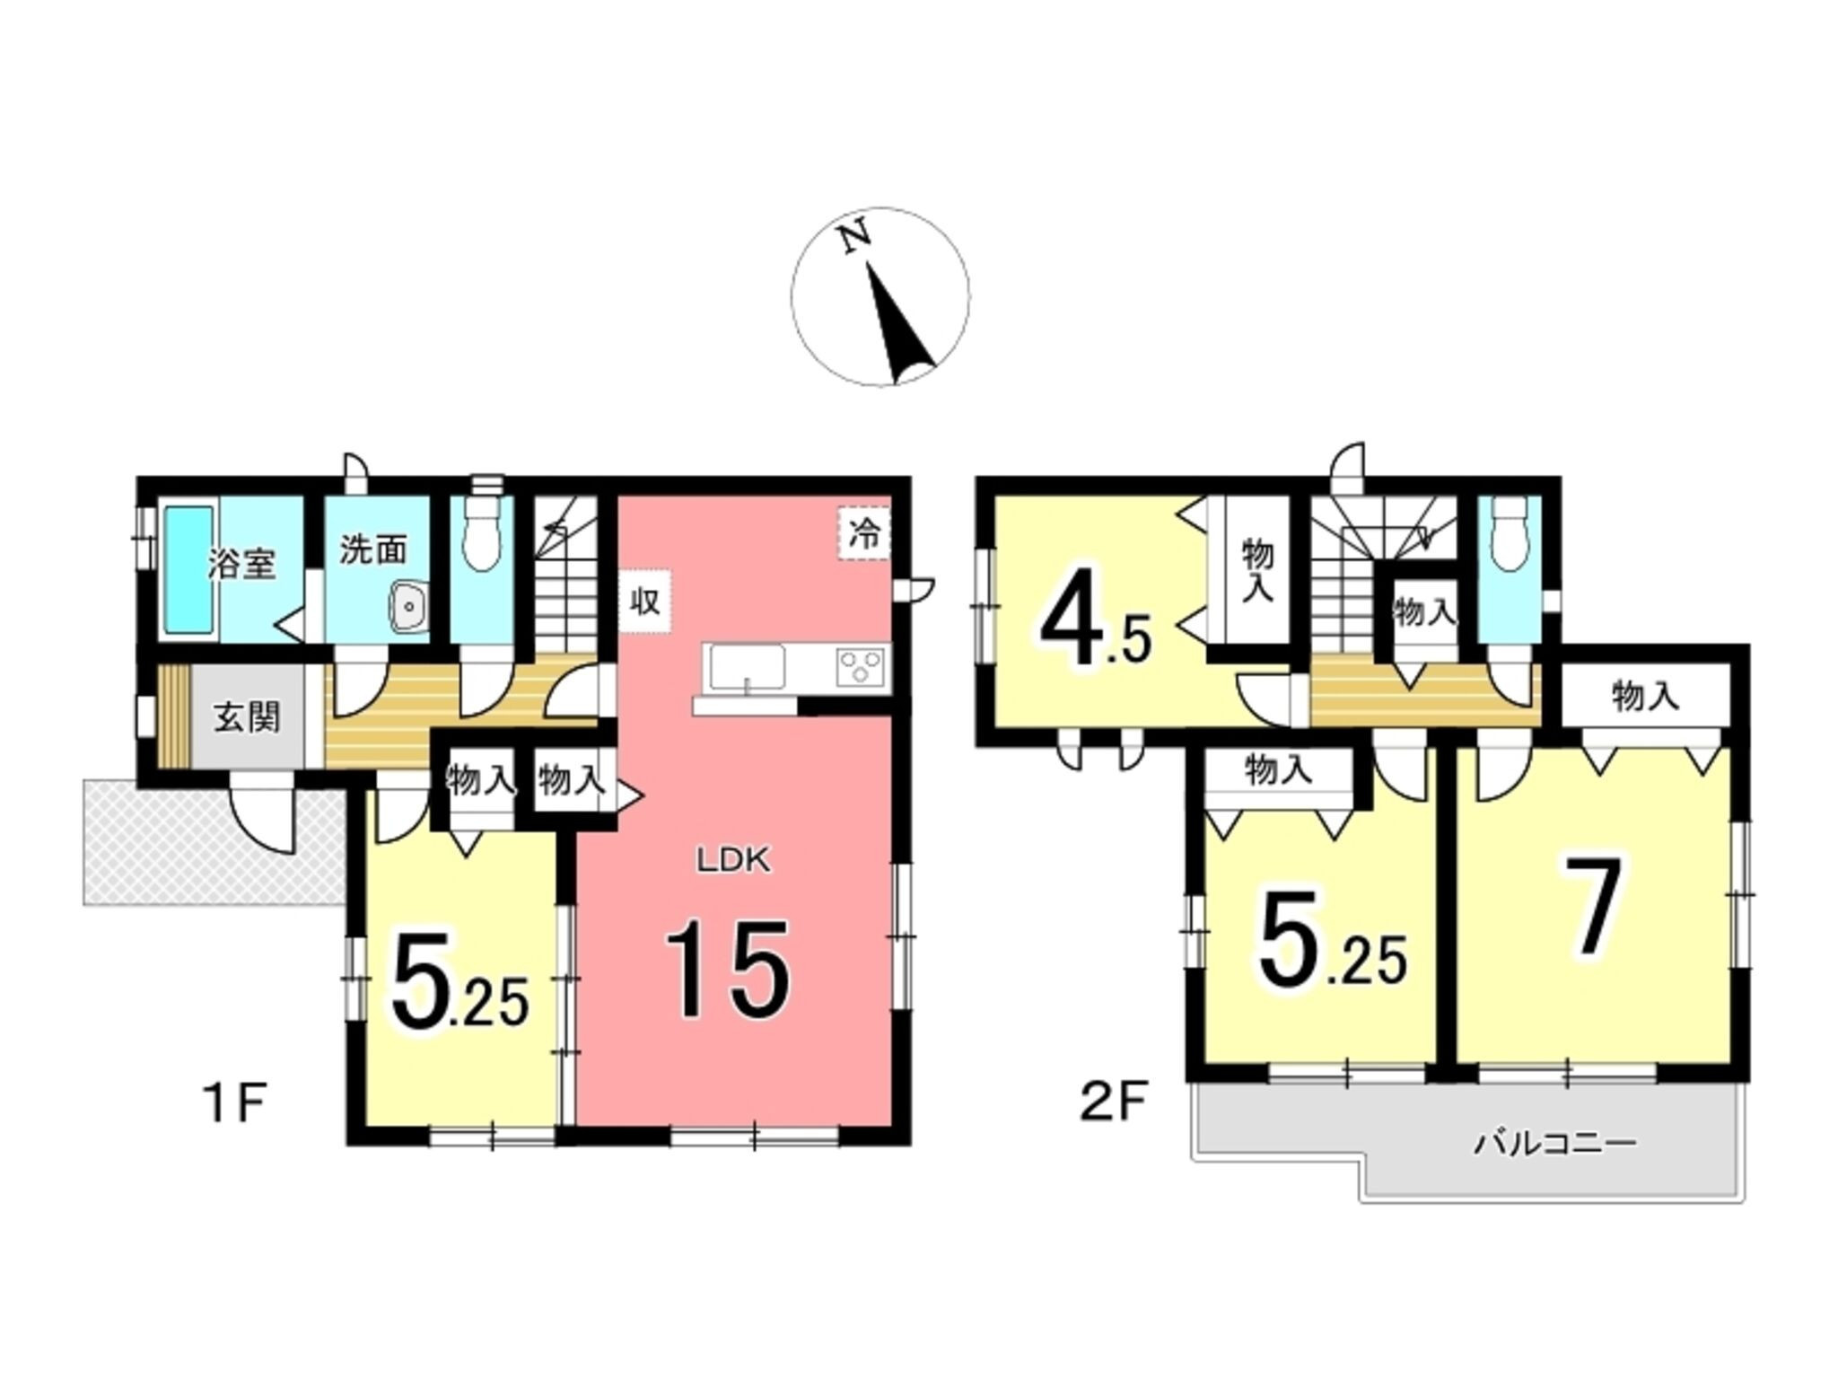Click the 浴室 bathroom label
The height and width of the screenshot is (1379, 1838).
point(241,564)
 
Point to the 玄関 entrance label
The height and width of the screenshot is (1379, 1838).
point(246,716)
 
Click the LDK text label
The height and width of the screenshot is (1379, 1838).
point(734,861)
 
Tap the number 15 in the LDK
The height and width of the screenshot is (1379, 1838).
point(728,970)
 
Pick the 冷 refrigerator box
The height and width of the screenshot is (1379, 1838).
point(864,534)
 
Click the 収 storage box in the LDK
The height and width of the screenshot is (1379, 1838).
point(644,601)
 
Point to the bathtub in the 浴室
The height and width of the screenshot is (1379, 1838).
point(188,572)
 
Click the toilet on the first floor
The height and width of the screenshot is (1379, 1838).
point(482,535)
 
